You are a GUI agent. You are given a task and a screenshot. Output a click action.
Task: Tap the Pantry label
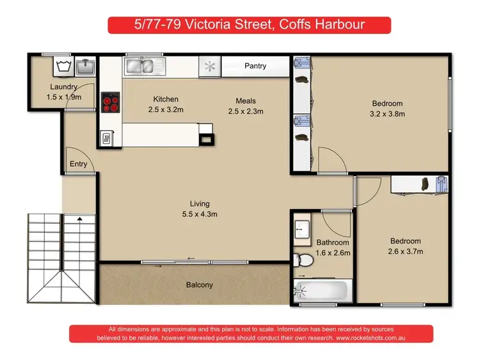[255, 66]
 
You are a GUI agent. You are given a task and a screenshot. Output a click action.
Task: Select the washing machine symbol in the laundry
[63, 65]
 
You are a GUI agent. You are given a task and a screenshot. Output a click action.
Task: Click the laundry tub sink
[84, 65]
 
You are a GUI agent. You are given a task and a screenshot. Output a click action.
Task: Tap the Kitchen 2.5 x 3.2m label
[166, 104]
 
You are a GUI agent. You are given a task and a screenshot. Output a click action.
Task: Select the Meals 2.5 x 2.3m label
[246, 106]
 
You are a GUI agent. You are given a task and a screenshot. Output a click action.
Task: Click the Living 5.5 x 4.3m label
[200, 208]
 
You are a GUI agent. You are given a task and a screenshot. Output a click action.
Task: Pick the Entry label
[79, 164]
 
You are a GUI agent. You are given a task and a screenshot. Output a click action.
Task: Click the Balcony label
[199, 285]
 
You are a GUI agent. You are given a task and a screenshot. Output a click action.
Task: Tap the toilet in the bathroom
[303, 261]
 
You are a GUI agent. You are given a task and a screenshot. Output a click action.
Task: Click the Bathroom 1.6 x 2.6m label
[333, 247]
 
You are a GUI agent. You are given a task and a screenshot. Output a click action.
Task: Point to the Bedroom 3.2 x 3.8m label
[388, 109]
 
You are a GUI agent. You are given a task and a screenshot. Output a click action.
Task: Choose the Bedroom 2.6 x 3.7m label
[406, 246]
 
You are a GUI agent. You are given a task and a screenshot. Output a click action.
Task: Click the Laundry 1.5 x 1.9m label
[64, 91]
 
